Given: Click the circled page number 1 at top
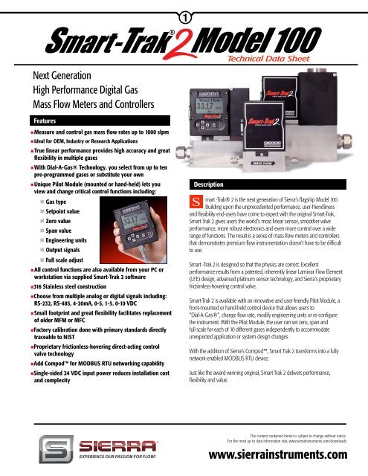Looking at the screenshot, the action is [184, 13].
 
